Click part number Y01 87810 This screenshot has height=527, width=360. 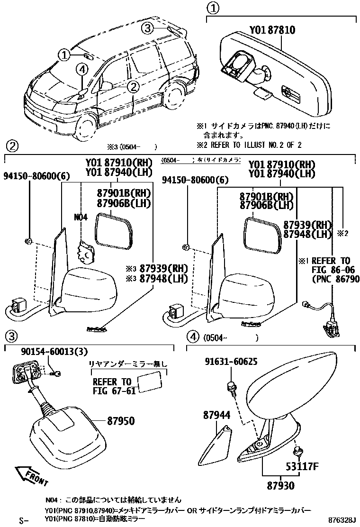click(272, 31)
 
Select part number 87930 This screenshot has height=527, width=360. click(280, 486)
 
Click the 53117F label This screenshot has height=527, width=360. click(302, 467)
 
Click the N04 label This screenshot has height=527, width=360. click(81, 218)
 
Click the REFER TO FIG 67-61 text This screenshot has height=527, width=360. click(112, 386)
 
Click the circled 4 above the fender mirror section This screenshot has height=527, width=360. click(192, 337)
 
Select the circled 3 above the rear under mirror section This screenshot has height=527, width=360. click(11, 337)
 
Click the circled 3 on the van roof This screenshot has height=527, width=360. click(148, 28)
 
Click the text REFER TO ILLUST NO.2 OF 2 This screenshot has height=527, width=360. click(249, 145)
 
